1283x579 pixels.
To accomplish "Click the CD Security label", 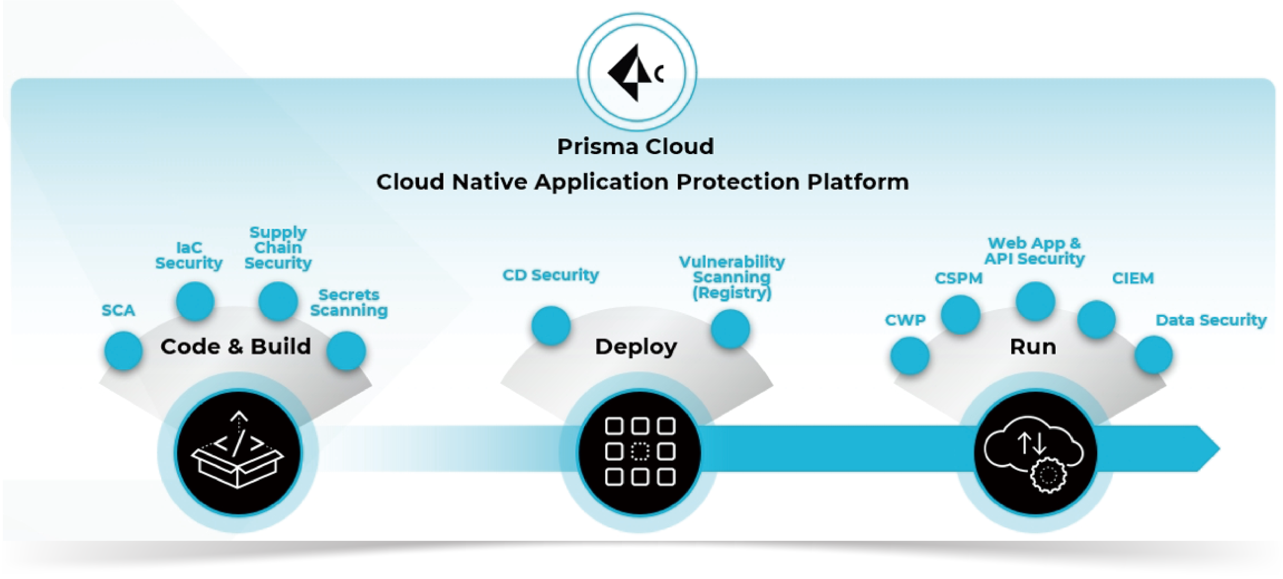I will (550, 275).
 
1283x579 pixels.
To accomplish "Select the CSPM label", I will (958, 278).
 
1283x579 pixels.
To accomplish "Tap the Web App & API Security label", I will (1034, 251).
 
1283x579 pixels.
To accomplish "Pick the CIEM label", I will (1133, 278).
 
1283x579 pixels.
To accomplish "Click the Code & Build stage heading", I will (235, 347).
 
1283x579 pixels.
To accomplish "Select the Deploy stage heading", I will (636, 347).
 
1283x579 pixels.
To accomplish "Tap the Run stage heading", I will (1033, 347).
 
